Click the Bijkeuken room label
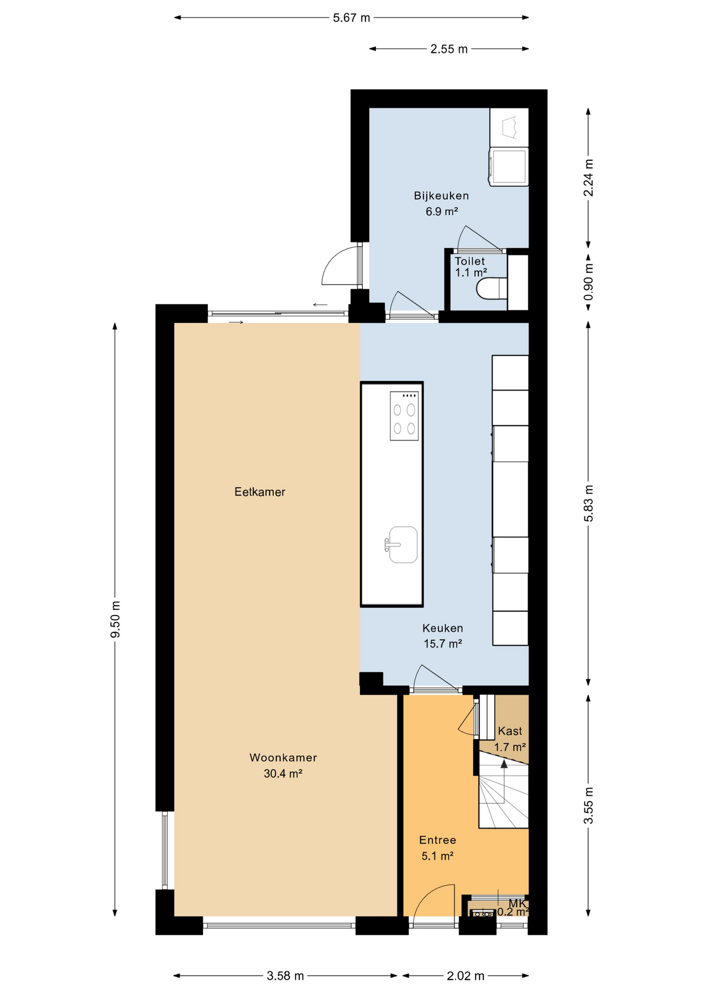(x=441, y=195)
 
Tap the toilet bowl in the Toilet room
(x=492, y=289)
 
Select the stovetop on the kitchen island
(x=404, y=416)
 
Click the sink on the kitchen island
(x=402, y=545)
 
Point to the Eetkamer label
(x=260, y=492)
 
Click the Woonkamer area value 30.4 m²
(x=283, y=773)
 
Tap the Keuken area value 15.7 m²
(x=443, y=643)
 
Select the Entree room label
(x=437, y=840)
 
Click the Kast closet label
(x=510, y=731)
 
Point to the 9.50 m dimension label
(x=115, y=619)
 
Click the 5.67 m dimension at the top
(x=352, y=18)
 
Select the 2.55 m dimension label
(x=449, y=49)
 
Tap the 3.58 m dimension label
(x=285, y=976)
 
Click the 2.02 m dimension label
(x=465, y=976)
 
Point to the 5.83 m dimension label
(x=589, y=504)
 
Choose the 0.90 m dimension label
(x=589, y=282)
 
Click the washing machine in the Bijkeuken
(x=509, y=167)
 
